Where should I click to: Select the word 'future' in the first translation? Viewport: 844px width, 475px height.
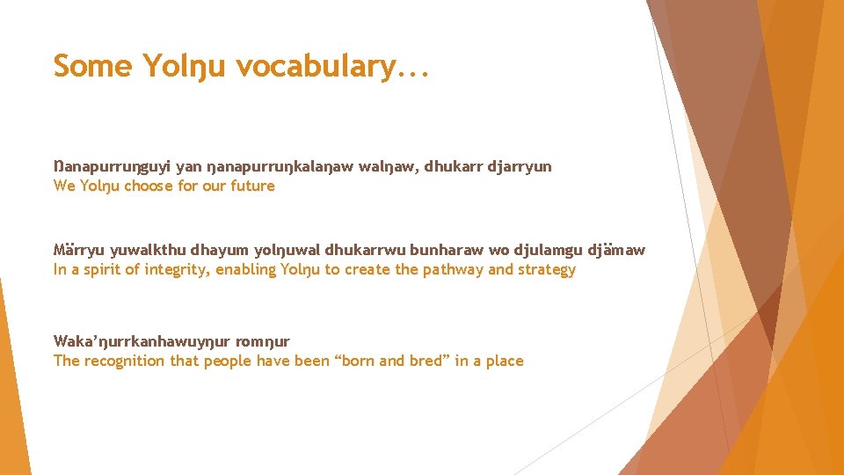(x=251, y=186)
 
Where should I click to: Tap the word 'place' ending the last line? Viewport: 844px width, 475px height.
(x=503, y=361)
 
